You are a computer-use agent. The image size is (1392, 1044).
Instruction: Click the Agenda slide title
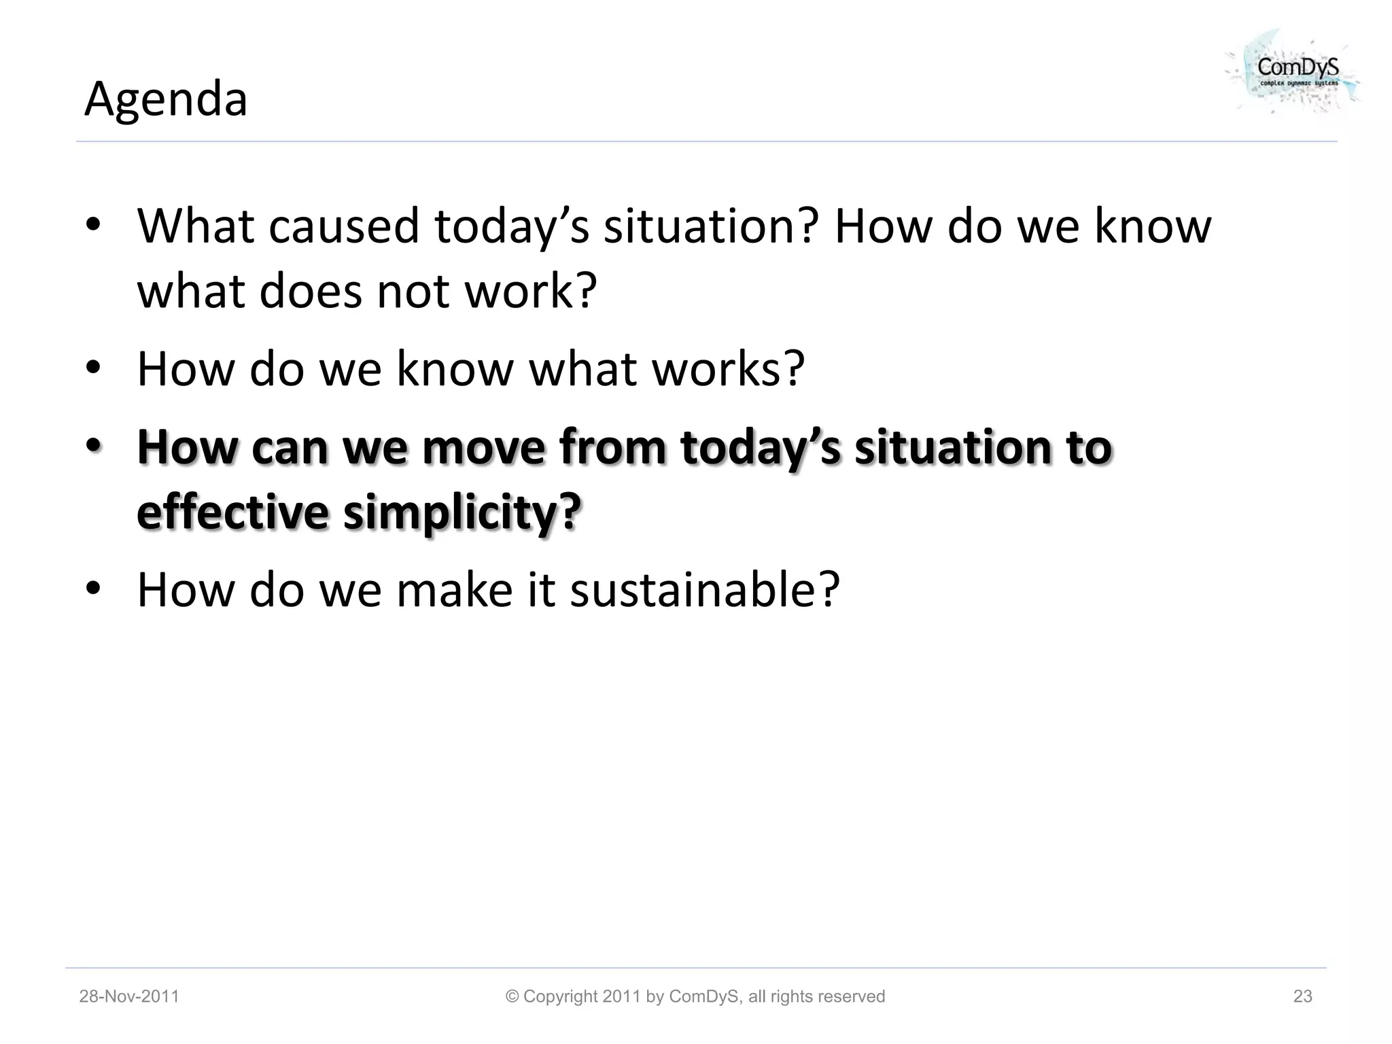166,99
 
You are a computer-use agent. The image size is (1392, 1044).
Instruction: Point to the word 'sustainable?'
704,589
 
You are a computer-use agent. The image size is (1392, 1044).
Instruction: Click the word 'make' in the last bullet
454,589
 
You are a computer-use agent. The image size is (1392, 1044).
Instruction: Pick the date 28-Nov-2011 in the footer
129,996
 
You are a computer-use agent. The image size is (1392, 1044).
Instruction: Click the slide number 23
1302,996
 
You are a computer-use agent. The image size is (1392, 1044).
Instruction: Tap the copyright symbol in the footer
512,996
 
